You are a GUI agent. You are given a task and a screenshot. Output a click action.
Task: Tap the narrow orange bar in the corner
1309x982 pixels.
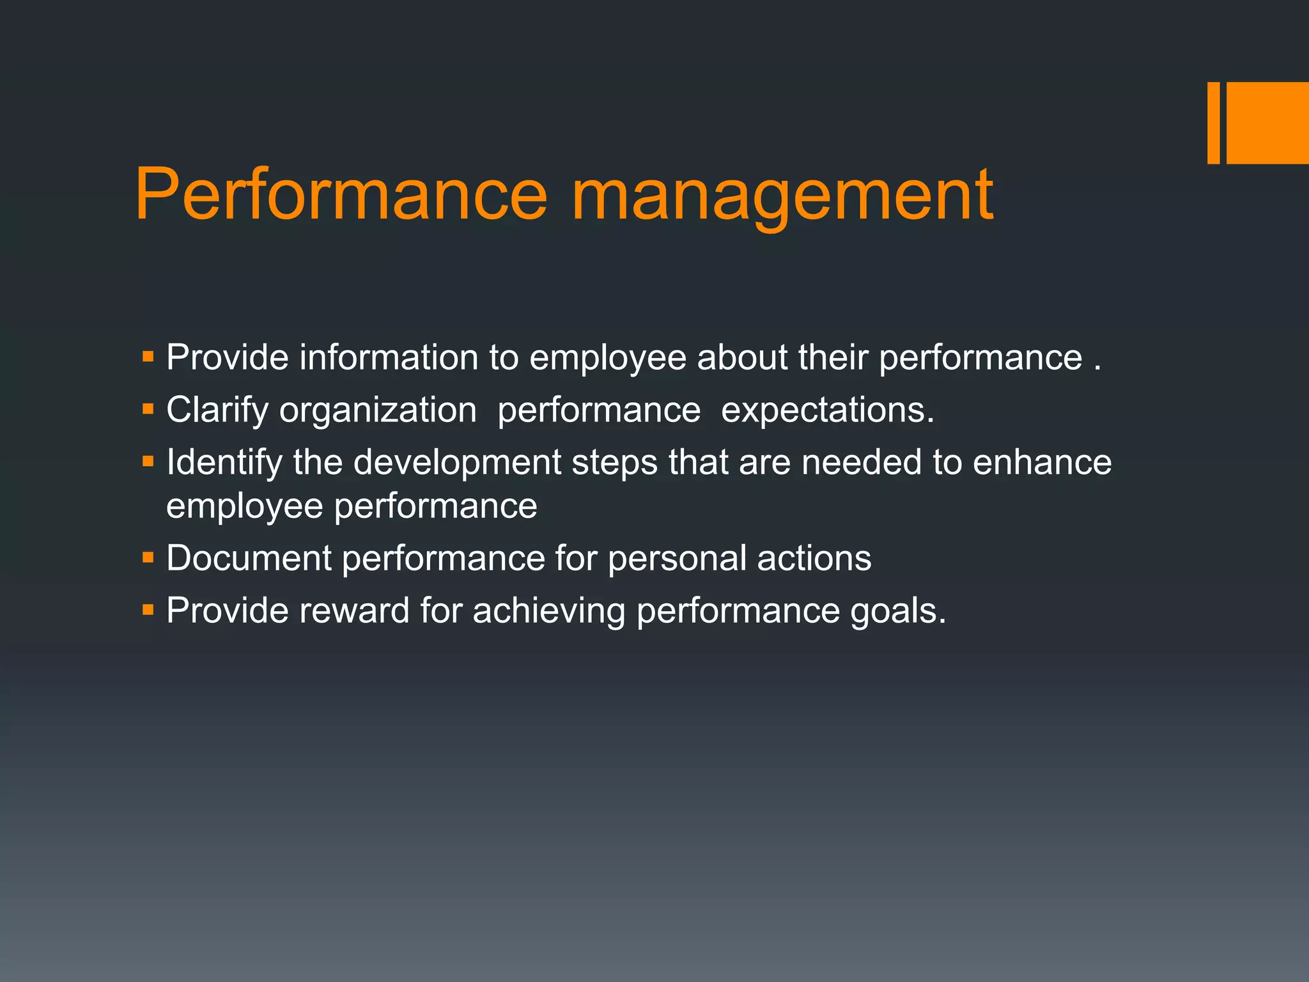[1213, 123]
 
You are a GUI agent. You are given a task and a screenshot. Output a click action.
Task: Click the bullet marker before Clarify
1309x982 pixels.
[148, 409]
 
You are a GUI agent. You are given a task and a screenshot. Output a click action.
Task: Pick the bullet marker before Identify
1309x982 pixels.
[148, 461]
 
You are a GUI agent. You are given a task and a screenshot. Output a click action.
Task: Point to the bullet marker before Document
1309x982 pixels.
[148, 557]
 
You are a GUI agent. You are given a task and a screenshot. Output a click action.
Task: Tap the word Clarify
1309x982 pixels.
[217, 410]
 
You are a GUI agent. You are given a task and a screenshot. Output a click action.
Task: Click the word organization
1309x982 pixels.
[378, 410]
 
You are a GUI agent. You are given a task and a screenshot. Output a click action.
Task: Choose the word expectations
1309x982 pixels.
[827, 410]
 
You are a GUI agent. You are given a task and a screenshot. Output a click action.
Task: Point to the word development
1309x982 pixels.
[457, 462]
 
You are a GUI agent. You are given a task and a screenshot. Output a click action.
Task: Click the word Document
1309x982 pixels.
[249, 558]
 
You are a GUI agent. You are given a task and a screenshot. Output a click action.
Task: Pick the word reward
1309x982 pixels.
[354, 611]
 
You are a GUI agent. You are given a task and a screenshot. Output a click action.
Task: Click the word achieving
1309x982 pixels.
[548, 611]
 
